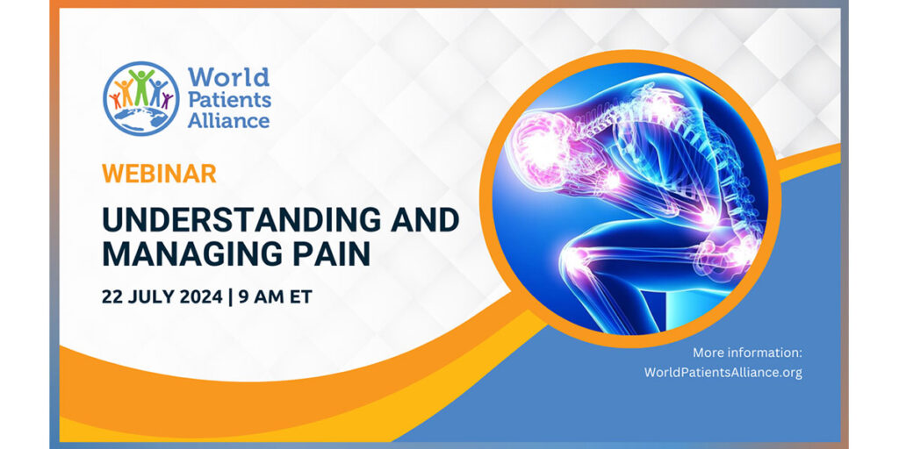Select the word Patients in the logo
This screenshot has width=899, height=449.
(x=229, y=99)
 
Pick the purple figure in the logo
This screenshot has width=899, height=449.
(x=165, y=99)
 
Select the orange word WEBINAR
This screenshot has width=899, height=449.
(x=158, y=174)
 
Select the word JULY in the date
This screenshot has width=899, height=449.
(x=147, y=296)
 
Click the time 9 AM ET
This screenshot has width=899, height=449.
(x=274, y=296)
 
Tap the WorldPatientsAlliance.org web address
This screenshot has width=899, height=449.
(x=723, y=372)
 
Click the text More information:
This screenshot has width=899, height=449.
(x=747, y=353)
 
